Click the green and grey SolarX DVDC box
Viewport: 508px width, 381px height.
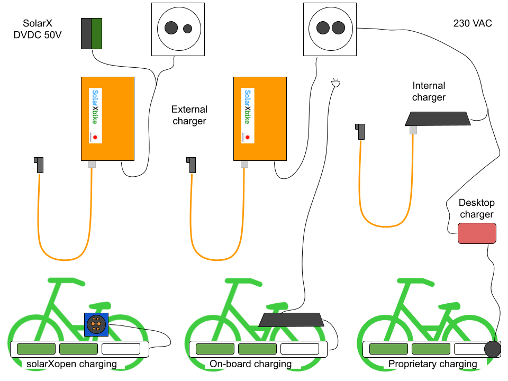tap(92, 34)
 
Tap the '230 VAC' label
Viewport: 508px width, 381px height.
tap(473, 23)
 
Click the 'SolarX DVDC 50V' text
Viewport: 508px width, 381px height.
tap(38, 29)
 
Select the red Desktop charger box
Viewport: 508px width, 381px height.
tap(477, 233)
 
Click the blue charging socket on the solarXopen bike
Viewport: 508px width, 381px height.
tap(96, 324)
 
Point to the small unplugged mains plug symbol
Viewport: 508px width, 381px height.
tap(336, 83)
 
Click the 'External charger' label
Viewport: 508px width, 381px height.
tap(189, 115)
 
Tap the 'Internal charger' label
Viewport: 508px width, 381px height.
tap(429, 92)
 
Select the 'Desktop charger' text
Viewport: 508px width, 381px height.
tap(477, 208)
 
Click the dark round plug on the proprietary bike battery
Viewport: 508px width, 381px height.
tap(493, 349)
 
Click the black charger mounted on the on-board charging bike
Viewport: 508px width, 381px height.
tap(291, 320)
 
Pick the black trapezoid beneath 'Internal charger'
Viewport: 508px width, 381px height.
tap(438, 119)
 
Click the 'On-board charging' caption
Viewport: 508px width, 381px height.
tap(250, 364)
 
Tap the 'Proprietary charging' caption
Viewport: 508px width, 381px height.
tap(432, 364)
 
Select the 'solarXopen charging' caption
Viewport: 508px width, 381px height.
tap(71, 364)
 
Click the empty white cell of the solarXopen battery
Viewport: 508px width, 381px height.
tap(121, 349)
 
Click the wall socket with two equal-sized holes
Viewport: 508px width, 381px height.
tap(330, 30)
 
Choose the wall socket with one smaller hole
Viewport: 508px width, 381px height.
tap(178, 30)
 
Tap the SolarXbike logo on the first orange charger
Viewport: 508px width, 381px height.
tap(95, 115)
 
